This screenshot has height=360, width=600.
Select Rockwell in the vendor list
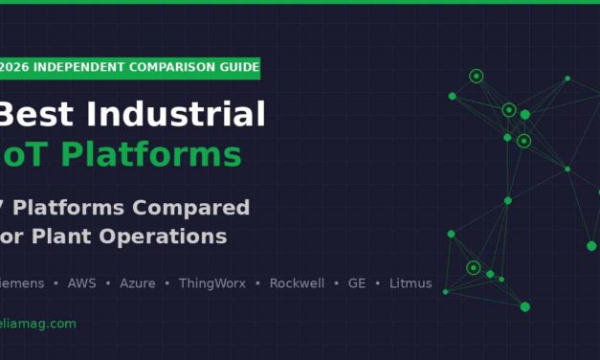297,283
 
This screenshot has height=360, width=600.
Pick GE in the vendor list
357,283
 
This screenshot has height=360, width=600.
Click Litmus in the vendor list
411,283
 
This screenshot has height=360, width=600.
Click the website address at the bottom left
37,324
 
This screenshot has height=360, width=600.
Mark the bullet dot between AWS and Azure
106,283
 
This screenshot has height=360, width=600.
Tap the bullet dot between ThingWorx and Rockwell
258,283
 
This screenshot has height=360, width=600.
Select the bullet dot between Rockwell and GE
336,283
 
